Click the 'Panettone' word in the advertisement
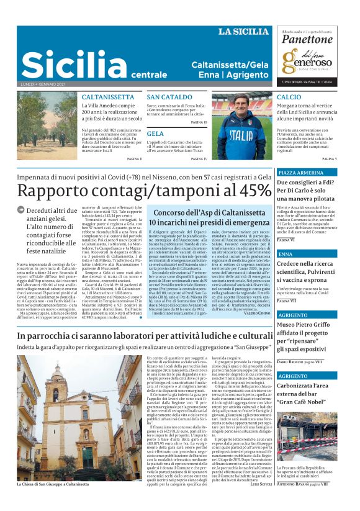coord(307,40)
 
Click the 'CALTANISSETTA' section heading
coord(107,97)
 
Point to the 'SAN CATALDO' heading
coord(169,97)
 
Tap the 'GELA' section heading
coord(155,133)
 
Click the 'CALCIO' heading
coord(289,97)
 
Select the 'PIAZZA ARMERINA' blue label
coord(301,172)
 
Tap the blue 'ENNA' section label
coord(285,255)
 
